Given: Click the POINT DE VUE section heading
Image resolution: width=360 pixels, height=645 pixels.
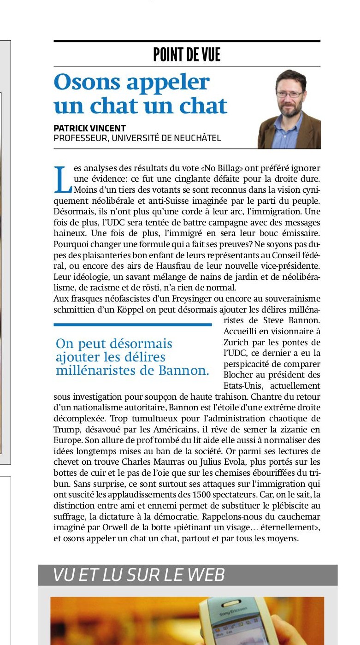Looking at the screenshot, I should click(187, 55).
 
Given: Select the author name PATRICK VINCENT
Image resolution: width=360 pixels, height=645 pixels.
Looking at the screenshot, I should click(89, 128).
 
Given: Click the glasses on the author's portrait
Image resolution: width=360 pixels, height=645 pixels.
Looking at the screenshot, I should click(289, 94).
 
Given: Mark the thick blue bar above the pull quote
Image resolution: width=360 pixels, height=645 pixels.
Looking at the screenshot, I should click(132, 325).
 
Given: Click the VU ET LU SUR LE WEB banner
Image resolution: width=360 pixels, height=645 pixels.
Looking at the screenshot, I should click(188, 575).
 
